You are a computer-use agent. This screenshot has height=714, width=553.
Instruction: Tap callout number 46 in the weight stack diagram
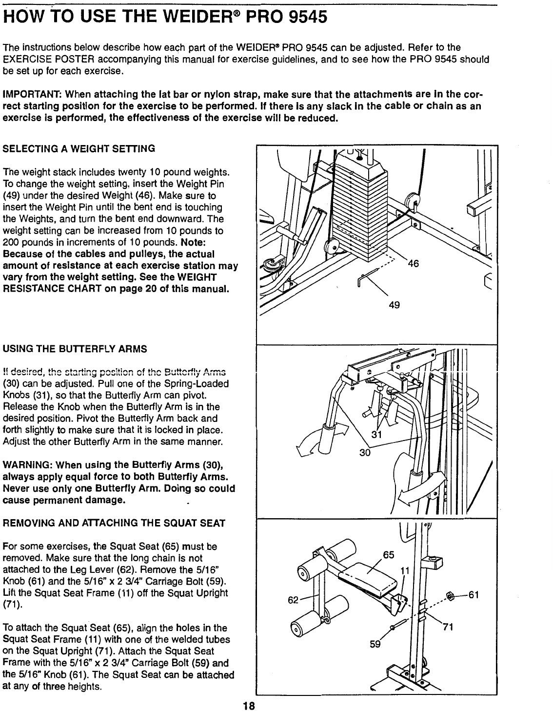click(x=413, y=264)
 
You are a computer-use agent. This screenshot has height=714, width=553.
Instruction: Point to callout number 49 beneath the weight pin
click(x=394, y=305)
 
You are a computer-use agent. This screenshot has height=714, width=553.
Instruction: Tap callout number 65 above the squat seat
click(x=388, y=555)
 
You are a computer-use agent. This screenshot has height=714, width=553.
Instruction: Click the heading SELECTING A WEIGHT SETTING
click(x=79, y=148)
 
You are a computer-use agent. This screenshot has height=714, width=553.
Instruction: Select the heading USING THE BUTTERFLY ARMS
click(x=75, y=349)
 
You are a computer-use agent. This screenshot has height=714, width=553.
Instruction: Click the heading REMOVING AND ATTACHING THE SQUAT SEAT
click(x=114, y=523)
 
